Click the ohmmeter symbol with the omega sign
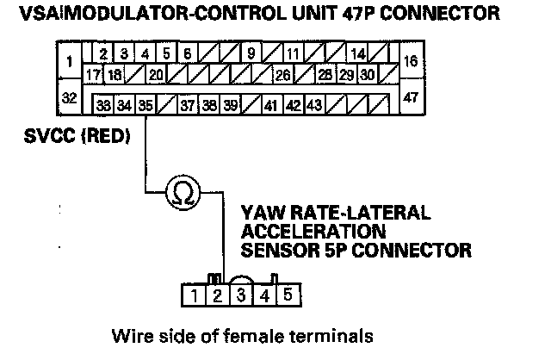click(x=183, y=192)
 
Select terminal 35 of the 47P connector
click(x=145, y=105)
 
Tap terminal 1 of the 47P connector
click(x=69, y=60)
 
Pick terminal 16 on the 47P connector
click(x=412, y=60)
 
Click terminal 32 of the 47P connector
click(x=69, y=97)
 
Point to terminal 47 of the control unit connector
click(x=412, y=97)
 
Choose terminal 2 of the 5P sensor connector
click(x=218, y=295)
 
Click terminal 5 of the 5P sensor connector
click(x=288, y=295)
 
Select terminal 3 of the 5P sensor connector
click(x=241, y=295)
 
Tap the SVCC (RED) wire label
click(x=77, y=136)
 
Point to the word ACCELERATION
click(x=313, y=232)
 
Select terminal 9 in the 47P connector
click(x=251, y=53)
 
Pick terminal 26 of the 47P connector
click(x=283, y=75)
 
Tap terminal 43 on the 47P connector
click(x=314, y=105)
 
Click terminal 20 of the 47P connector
click(x=156, y=75)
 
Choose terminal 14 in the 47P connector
click(x=358, y=53)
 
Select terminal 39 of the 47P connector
click(x=230, y=105)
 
